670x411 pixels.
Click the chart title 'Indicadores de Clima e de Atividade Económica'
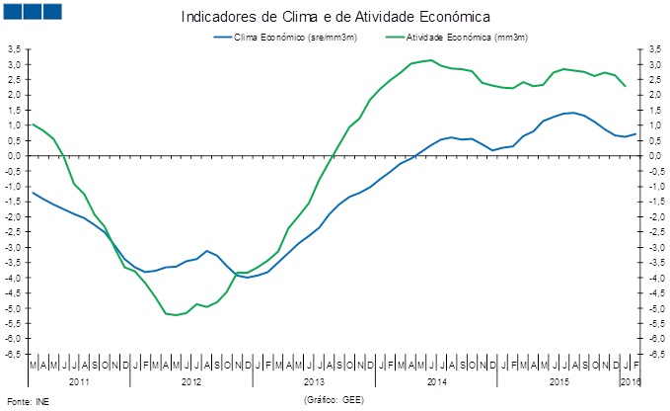pos(335,17)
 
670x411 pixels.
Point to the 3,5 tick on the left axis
pos(16,49)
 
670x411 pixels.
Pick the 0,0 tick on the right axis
pos(651,156)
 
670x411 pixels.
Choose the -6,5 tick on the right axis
pos(652,354)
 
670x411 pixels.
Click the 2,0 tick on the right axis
pos(651,95)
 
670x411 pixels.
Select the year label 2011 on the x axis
pos(79,380)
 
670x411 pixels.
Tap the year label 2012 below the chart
pos(191,380)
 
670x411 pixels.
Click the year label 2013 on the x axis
pos(314,380)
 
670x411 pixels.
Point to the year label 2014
pos(437,380)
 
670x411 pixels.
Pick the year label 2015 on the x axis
pos(559,380)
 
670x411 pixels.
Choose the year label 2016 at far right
pos(629,380)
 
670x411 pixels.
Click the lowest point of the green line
pos(176,315)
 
